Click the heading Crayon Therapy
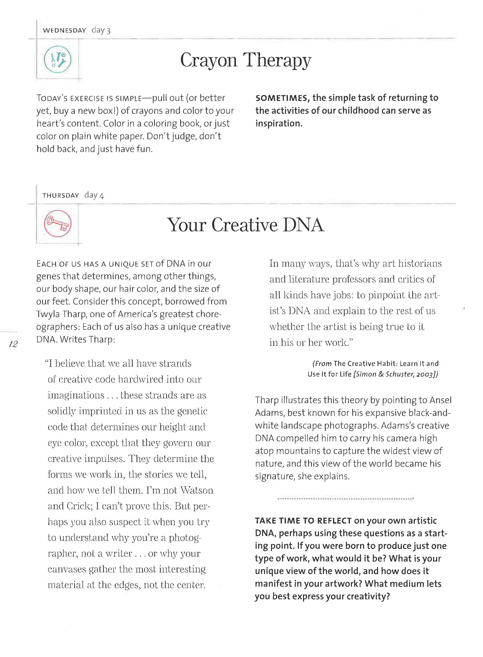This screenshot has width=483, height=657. [x=246, y=60]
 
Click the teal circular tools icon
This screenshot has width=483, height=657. [x=58, y=59]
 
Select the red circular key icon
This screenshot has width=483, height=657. [x=58, y=224]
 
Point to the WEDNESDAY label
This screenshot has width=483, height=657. [x=64, y=30]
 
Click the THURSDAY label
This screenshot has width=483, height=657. [x=60, y=195]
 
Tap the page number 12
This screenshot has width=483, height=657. [x=13, y=344]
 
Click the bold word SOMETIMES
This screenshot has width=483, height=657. [x=282, y=98]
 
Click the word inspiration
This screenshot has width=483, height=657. [x=278, y=124]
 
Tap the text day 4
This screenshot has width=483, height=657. [x=94, y=195]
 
